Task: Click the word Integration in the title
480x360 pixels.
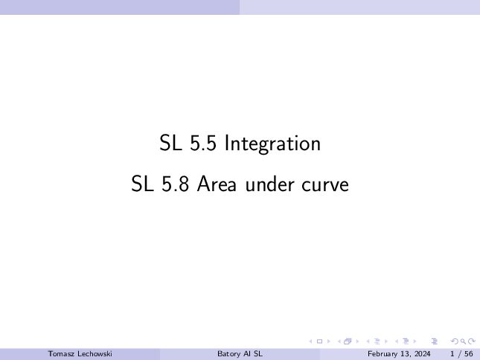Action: coord(273,144)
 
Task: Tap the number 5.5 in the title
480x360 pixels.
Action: coord(203,143)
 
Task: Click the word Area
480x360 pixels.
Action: coord(217,184)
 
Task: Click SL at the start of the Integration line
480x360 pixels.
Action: coord(170,143)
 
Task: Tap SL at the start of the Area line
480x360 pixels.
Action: coord(142,184)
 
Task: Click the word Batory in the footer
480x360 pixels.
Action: coord(228,354)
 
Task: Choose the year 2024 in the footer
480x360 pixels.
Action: coord(422,354)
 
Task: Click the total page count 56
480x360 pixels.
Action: coord(469,354)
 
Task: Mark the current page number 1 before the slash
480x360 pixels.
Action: coord(452,354)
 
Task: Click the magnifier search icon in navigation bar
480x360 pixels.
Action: coord(463,341)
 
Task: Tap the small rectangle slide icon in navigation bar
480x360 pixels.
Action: coord(319,341)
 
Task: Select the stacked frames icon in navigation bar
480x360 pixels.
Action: coord(348,341)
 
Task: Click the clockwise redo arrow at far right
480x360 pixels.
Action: coord(472,341)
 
